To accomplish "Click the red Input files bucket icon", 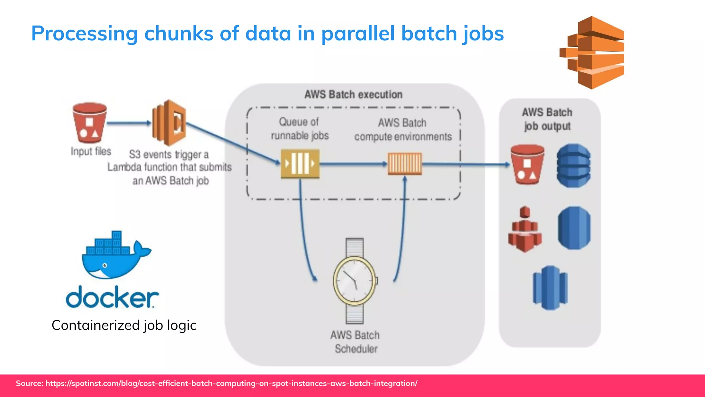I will coord(90,123).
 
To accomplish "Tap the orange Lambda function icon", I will coord(169,123).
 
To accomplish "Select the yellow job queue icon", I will coord(300,164).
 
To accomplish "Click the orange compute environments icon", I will coord(404,164).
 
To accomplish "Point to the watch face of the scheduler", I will coord(355,281).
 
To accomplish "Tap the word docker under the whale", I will coord(112,297).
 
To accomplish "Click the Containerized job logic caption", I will coord(124,325).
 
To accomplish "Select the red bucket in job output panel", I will coord(527,165).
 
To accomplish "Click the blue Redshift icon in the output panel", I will coord(550,288).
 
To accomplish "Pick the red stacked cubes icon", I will coord(525,230).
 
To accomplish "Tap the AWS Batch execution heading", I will coord(353,94).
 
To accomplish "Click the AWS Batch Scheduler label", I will coord(355,342).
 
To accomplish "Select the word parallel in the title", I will coord(358,34).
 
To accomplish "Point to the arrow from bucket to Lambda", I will coord(129,123).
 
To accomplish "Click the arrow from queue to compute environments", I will coord(353,164).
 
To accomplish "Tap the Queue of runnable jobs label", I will coord(299,129).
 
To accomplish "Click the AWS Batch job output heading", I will coord(547,119).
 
